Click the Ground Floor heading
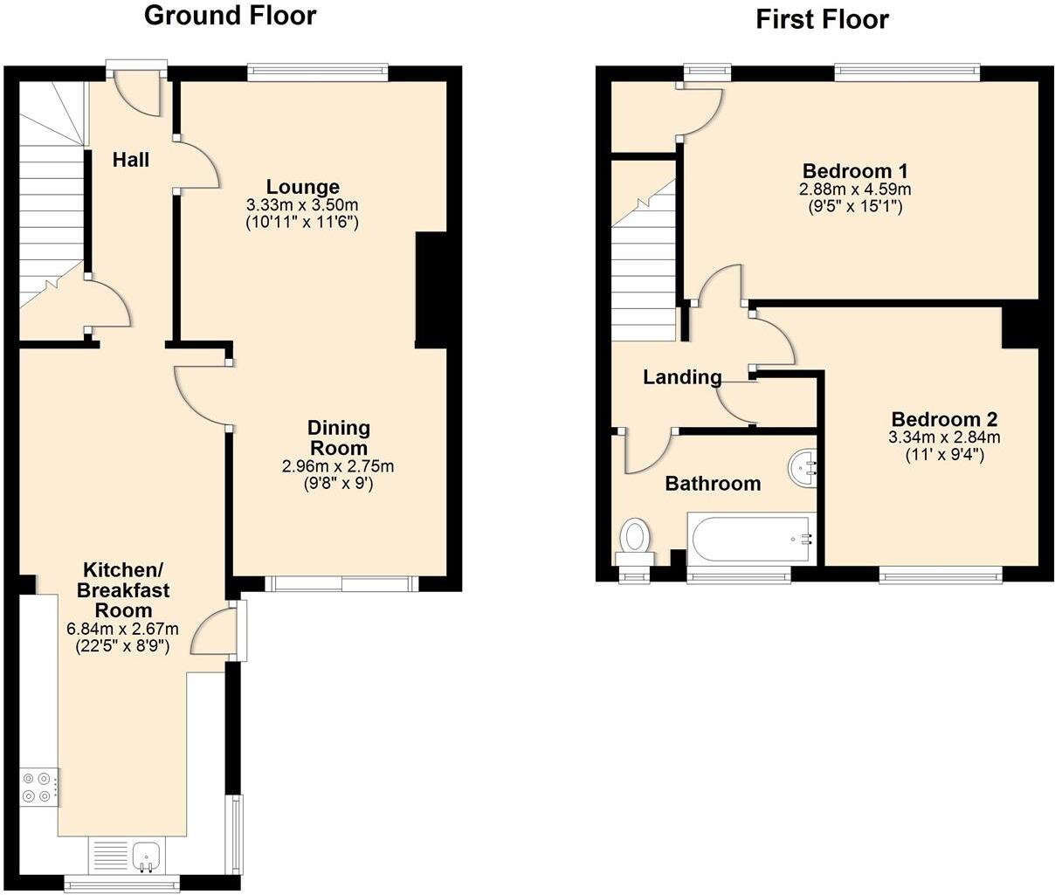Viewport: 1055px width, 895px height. tap(230, 16)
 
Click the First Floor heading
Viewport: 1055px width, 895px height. tap(822, 19)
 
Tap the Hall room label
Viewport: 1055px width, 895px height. tap(131, 160)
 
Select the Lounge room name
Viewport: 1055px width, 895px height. tap(302, 187)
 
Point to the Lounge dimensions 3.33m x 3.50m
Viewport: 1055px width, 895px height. tap(302, 205)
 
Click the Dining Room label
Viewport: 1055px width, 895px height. tap(338, 438)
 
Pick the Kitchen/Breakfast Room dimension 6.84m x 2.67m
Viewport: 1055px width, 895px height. tap(122, 629)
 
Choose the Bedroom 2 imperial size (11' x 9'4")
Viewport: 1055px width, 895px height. tap(944, 455)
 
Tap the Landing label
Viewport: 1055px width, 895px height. tap(682, 377)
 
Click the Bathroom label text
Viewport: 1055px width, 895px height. tap(713, 484)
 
